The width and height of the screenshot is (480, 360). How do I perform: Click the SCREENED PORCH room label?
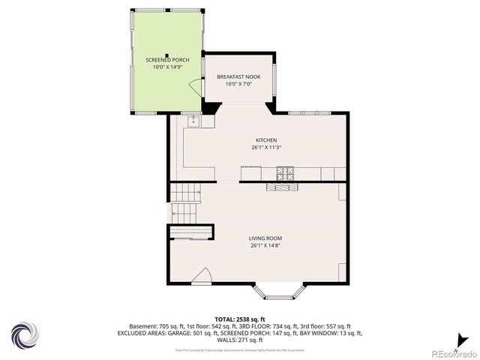point(167,59)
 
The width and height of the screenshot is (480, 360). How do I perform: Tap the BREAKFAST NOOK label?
point(238,77)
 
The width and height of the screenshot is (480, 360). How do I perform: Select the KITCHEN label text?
point(266,140)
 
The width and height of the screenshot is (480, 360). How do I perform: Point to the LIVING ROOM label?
point(266,238)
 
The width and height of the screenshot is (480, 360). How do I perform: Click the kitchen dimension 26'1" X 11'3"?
point(266,148)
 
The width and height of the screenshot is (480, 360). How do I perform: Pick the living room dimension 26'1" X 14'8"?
point(266,245)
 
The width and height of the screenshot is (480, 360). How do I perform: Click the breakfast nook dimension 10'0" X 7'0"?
point(238,84)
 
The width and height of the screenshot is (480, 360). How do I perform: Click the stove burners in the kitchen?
point(285,174)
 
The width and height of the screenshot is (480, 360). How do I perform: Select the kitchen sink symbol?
point(193,118)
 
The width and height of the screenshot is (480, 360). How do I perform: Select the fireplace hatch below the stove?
point(281,188)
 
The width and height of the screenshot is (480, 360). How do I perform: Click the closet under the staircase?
point(192,232)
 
